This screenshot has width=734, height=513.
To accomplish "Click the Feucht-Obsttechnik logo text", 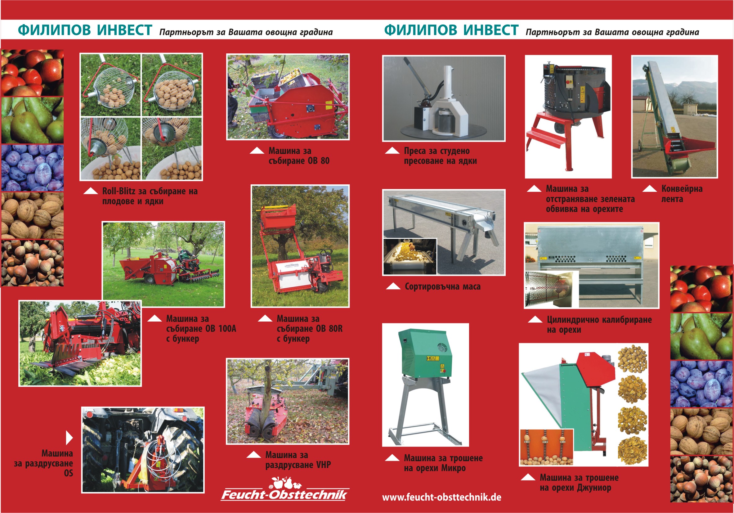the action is tap(284, 494).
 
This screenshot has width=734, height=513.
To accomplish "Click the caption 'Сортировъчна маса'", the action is tap(442, 286).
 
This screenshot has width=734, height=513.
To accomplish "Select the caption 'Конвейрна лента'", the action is tap(682, 194).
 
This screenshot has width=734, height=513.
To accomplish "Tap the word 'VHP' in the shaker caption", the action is tap(323, 465).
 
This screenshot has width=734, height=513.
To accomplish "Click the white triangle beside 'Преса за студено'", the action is tap(392, 151).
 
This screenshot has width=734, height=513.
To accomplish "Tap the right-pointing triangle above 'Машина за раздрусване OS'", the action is tap(69, 438).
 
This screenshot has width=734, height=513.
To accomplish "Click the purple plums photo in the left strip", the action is tap(32, 168).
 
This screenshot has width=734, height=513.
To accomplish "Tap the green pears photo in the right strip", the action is tap(702, 336).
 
